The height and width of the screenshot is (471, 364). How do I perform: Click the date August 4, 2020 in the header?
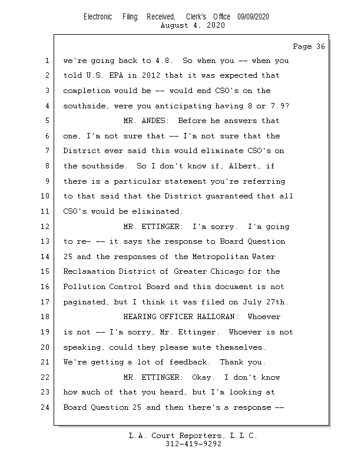(x=192, y=25)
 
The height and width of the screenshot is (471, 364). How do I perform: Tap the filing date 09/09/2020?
(x=253, y=16)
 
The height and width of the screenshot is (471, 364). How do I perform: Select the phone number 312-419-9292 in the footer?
(x=193, y=444)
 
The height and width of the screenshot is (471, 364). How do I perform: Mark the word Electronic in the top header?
(x=97, y=16)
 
